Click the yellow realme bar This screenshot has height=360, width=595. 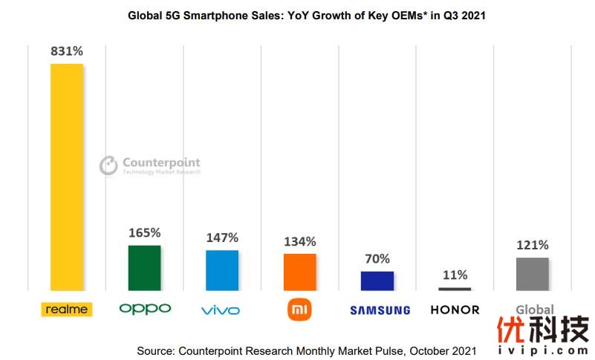click(x=67, y=177)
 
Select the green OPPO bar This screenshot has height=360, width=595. click(x=144, y=267)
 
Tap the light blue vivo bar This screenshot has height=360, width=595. click(x=222, y=270)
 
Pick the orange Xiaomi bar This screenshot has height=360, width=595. click(x=299, y=272)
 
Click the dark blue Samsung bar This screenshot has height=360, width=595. click(x=377, y=281)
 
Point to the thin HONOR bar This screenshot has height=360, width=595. click(x=455, y=289)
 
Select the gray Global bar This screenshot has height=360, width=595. click(x=532, y=274)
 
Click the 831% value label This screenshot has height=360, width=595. click(x=67, y=52)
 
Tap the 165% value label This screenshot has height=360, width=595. click(x=144, y=232)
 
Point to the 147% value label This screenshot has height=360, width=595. click(x=222, y=238)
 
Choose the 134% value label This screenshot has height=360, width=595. click(x=299, y=241)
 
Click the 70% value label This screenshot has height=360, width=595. click(x=377, y=259)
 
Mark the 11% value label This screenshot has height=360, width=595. click(x=455, y=275)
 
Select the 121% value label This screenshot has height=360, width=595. click(x=532, y=245)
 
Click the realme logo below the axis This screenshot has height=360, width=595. click(x=67, y=309)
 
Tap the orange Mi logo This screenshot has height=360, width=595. click(x=299, y=310)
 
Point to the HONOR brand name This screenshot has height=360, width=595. click(x=455, y=310)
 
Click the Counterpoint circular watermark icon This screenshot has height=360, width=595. click(x=108, y=165)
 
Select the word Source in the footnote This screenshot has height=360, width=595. click(x=155, y=350)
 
